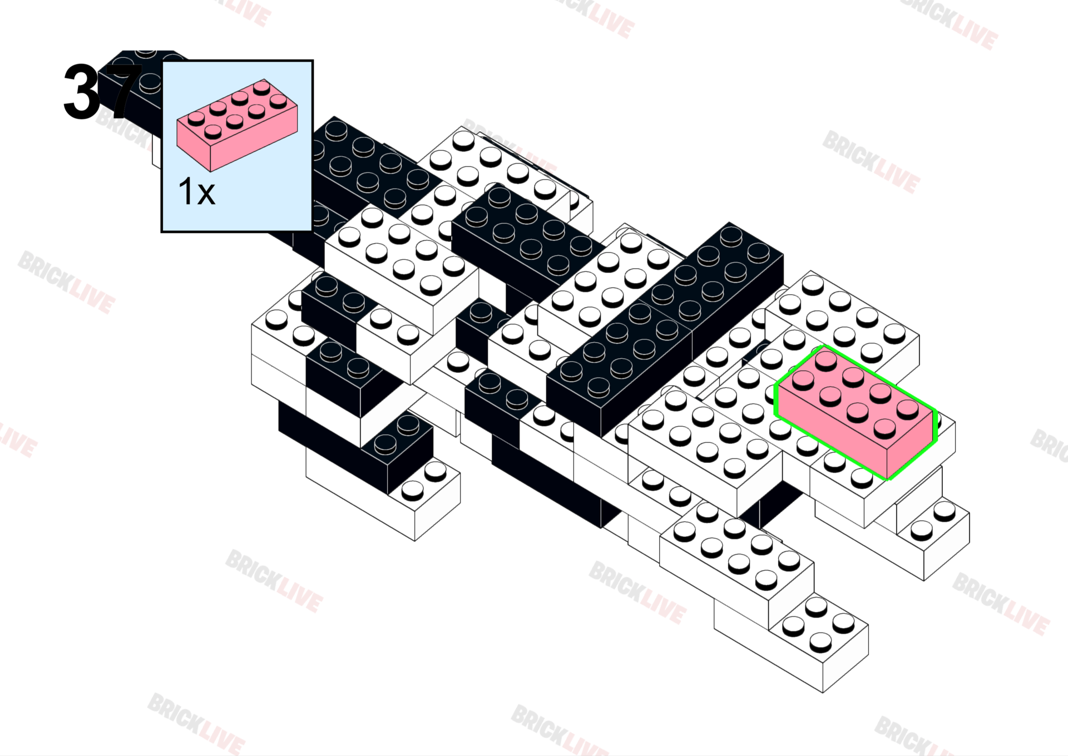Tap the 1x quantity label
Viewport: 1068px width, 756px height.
point(196,192)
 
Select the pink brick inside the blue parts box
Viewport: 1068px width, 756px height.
point(237,125)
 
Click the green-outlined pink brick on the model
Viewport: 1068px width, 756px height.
point(856,412)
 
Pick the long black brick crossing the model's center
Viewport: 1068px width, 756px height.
point(665,328)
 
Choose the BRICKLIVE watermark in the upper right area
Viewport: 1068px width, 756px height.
point(871,162)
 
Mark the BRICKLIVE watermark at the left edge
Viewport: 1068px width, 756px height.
point(66,282)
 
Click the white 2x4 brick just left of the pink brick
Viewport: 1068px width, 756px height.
point(705,445)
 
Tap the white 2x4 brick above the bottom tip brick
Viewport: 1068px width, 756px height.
point(737,562)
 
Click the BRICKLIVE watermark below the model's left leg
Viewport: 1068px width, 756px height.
point(274,581)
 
